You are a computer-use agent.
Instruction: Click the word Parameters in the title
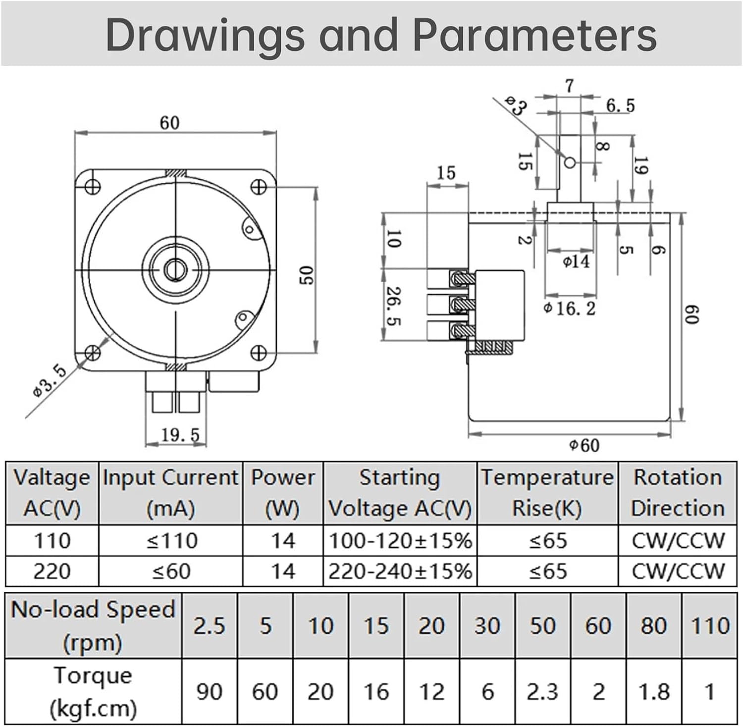[534, 35]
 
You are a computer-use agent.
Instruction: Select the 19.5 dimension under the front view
[180, 435]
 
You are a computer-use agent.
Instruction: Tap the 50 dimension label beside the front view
[307, 275]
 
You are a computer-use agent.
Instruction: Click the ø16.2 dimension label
[569, 309]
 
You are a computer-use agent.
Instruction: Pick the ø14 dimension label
[576, 261]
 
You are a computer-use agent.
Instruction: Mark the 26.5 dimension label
[394, 306]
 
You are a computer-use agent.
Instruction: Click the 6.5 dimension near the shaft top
[620, 105]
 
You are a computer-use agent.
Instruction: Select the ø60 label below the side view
[584, 445]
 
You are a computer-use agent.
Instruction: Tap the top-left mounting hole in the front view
[93, 187]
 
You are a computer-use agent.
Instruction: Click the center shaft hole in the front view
[174, 270]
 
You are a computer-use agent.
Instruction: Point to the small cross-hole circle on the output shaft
[570, 162]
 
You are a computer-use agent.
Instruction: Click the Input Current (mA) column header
[171, 493]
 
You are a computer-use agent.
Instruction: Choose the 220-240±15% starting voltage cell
[400, 571]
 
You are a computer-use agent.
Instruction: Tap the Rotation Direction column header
[677, 493]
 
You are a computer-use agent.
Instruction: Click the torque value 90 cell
[209, 691]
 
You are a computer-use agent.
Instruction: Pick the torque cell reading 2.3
[542, 691]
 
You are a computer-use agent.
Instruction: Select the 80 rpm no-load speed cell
[653, 625]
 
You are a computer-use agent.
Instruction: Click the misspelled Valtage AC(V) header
[52, 493]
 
